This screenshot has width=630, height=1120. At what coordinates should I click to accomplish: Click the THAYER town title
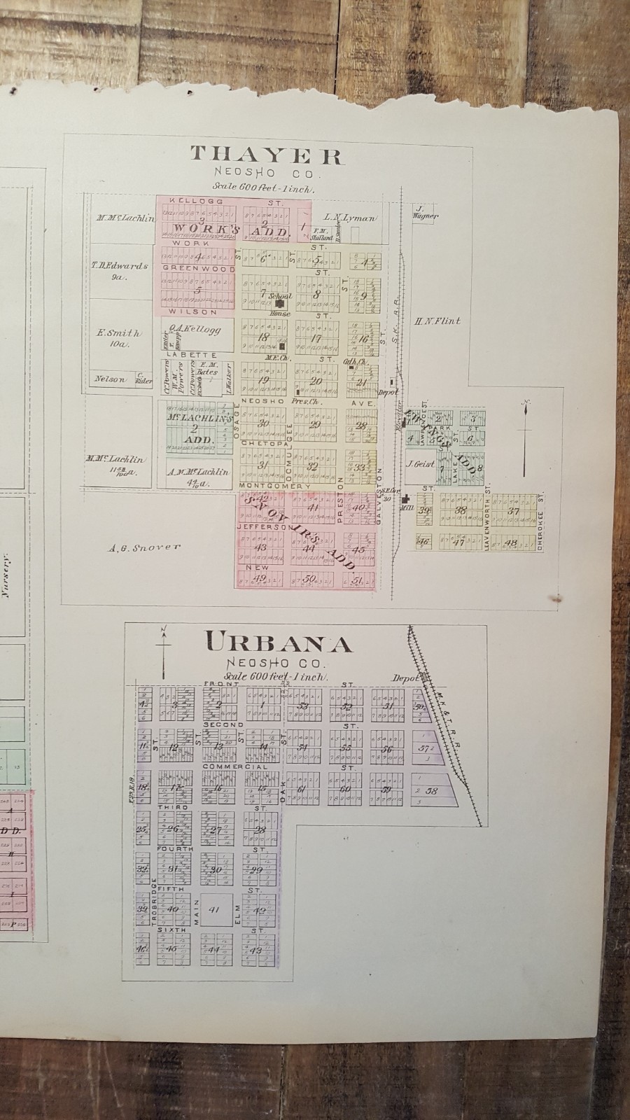(x=266, y=155)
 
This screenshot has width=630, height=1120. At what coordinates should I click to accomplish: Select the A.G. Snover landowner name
(x=145, y=547)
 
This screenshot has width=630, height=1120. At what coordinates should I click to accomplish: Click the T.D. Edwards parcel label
(x=121, y=267)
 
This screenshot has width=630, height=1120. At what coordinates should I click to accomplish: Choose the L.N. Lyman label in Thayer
(x=350, y=218)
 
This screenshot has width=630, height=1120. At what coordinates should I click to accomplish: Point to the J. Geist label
(x=420, y=463)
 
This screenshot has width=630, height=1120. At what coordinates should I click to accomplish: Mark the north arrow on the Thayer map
(x=525, y=423)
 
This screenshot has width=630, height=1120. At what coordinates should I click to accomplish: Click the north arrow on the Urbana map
(x=162, y=651)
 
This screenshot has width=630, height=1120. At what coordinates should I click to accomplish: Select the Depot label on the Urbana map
(x=405, y=678)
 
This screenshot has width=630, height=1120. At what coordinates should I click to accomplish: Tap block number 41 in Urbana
(x=215, y=910)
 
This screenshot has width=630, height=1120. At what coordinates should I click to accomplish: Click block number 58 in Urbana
(x=432, y=790)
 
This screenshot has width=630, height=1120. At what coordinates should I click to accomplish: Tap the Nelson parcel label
(x=111, y=379)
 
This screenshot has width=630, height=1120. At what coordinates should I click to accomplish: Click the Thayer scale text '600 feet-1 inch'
(x=265, y=188)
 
